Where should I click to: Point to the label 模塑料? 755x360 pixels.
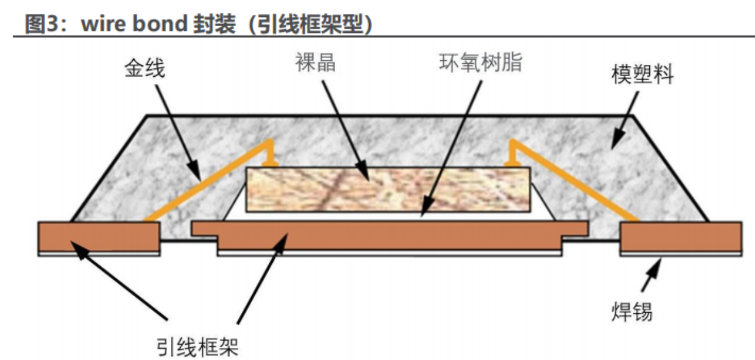643,75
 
